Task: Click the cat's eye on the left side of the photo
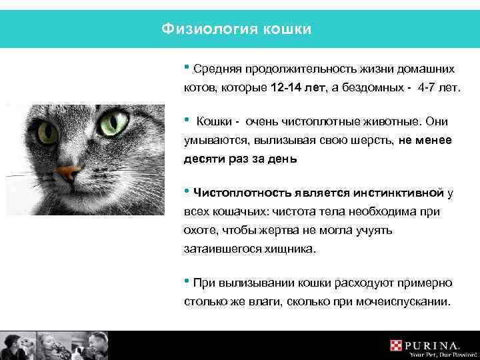(x=47, y=130)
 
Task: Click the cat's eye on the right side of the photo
(x=114, y=123)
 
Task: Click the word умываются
(x=213, y=141)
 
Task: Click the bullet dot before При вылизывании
(x=187, y=281)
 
